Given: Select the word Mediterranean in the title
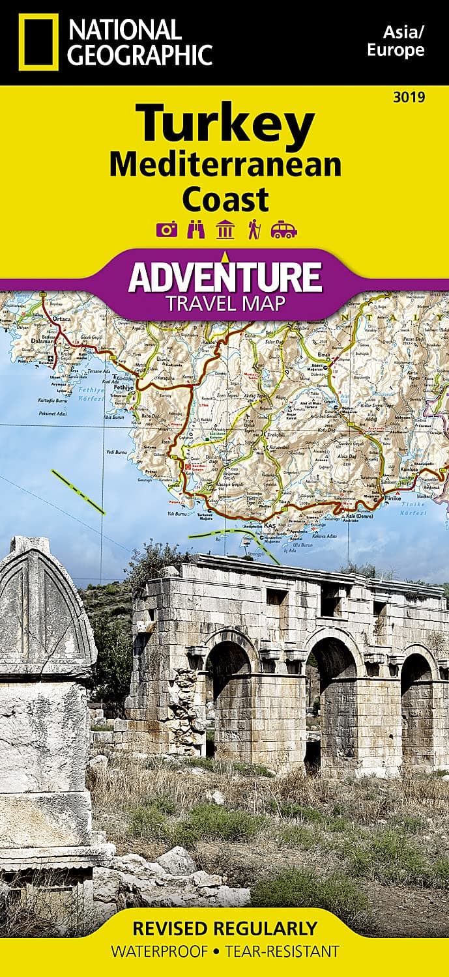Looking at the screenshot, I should [x=225, y=164].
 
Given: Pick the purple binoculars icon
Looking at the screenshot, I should [x=195, y=230].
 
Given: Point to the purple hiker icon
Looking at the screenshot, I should [x=253, y=230].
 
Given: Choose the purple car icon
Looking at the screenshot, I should [x=284, y=230].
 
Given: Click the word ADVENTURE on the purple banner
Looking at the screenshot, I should [x=225, y=276].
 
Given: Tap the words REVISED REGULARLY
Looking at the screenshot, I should [x=224, y=928].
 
